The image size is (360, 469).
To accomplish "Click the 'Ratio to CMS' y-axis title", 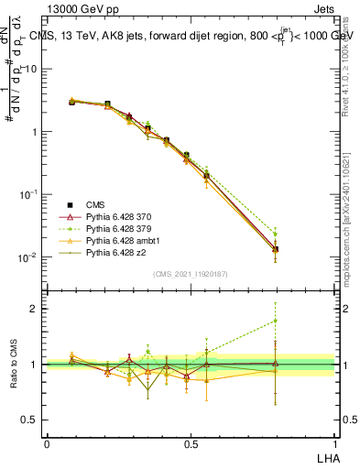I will click(x=14, y=365).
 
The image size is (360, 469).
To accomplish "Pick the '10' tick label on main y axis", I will click(x=30, y=69).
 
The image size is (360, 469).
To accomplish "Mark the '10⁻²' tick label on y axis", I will click(x=27, y=257).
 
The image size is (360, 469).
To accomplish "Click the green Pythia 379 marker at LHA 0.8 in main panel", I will click(x=276, y=234).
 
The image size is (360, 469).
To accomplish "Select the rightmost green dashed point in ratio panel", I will click(x=276, y=321).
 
